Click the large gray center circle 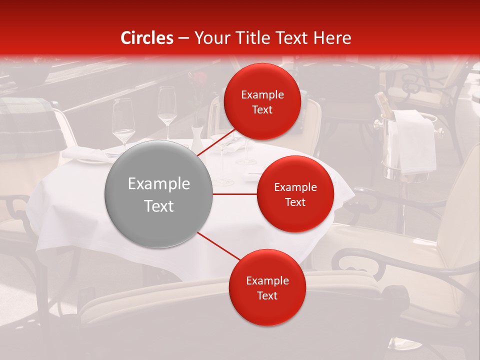(158, 194)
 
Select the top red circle (262, 101)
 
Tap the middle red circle (295, 194)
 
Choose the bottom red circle (267, 287)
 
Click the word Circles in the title (146, 38)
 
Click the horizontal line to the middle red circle (234, 194)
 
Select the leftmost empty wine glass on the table (123, 120)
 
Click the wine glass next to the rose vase (167, 107)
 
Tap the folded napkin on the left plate (85, 154)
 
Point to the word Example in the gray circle (158, 184)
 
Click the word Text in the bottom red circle (267, 295)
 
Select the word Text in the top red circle (262, 109)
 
